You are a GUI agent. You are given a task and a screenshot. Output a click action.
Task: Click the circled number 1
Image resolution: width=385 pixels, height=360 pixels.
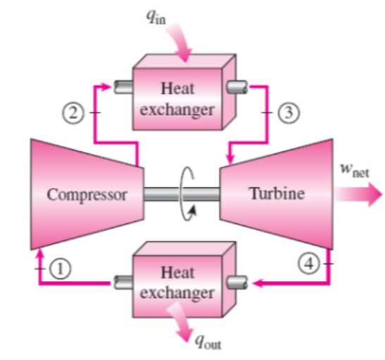(61, 268)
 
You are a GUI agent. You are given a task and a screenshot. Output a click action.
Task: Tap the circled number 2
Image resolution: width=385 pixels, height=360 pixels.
(73, 113)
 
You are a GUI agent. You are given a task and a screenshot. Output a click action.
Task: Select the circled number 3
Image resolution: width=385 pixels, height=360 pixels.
(289, 113)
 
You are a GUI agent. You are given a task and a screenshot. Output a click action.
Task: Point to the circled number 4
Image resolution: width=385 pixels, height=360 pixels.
(309, 263)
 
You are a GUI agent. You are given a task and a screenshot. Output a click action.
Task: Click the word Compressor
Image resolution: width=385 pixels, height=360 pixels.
(87, 195)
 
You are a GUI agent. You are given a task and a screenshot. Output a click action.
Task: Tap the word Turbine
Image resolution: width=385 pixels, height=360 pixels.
(277, 194)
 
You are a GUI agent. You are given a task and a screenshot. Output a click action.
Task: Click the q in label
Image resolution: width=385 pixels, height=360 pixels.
(156, 17)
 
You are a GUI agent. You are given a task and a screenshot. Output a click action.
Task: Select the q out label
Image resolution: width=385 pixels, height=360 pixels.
(208, 342)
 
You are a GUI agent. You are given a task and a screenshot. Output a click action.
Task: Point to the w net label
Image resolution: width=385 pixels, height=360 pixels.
(355, 170)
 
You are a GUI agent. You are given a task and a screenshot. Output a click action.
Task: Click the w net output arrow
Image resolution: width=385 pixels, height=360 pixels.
(358, 194)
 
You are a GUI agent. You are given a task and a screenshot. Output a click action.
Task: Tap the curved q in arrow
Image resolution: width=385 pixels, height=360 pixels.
(179, 42)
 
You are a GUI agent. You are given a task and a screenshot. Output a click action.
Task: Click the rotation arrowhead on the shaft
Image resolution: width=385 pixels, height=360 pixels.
(193, 211)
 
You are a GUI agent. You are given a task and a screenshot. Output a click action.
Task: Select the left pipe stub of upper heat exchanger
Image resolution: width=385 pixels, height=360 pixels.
(123, 87)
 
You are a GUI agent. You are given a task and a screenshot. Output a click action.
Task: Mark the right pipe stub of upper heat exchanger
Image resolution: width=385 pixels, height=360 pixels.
(237, 87)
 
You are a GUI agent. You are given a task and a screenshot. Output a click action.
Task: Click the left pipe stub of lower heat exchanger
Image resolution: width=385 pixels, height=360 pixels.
(123, 282)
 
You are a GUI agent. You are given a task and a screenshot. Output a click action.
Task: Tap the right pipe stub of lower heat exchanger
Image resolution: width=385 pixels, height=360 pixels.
(237, 282)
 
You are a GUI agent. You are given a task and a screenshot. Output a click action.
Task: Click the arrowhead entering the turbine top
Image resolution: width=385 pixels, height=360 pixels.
(230, 159)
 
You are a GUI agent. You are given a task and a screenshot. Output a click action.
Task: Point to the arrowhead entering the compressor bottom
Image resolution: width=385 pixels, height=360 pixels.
(40, 254)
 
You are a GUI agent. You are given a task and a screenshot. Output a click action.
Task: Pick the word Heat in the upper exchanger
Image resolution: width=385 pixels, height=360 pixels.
(177, 88)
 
